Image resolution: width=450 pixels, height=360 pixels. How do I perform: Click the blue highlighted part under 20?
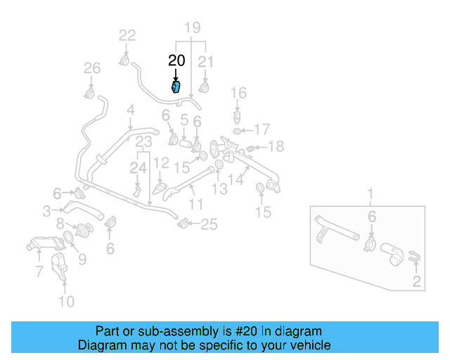coord(176,87)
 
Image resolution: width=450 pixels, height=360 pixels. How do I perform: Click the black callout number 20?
coord(176,61)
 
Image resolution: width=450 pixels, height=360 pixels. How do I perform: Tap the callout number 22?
coord(127,35)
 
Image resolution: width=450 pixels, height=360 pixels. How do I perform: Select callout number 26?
coord(92,68)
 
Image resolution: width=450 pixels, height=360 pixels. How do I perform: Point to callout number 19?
coord(192,28)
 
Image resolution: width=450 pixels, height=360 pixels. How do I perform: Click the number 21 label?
coord(205,62)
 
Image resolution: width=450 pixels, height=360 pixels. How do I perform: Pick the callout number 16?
coord(239,93)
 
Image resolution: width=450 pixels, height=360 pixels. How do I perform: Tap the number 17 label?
coord(262,129)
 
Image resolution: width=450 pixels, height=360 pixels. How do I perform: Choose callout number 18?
coord(276,146)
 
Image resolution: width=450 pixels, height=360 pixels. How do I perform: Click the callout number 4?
coord(130,110)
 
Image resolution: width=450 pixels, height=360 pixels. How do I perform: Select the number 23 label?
coord(144,142)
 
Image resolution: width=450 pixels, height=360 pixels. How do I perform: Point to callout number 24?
coord(138,168)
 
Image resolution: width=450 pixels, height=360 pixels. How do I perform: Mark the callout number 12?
coord(162,162)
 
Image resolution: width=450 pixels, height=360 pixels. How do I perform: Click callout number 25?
coord(210,224)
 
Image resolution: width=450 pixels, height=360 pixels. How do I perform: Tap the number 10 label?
coord(65,302)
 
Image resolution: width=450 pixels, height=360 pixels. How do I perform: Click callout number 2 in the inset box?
coord(416,283)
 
